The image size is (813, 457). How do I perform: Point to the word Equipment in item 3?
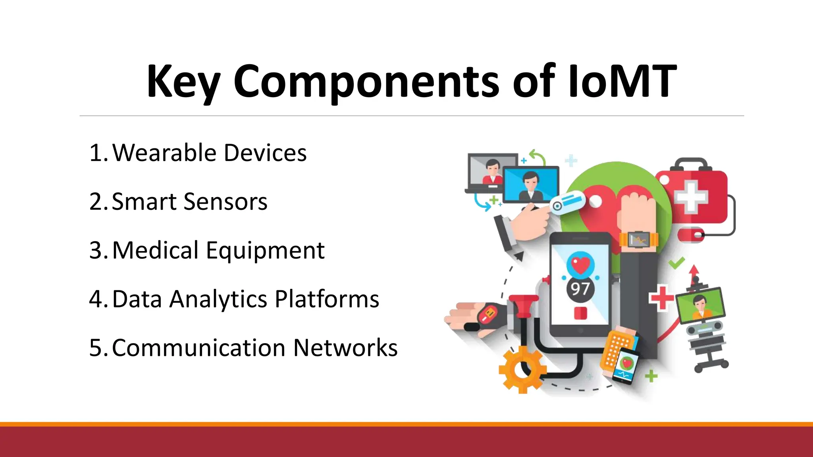[x=265, y=251]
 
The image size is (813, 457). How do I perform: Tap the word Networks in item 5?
[x=345, y=348]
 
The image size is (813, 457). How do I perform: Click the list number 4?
[x=97, y=300]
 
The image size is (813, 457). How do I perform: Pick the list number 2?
[x=97, y=202]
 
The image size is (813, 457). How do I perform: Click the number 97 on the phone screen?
[x=580, y=288]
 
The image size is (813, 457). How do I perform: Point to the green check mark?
[x=676, y=263]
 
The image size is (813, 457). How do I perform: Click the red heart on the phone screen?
[x=580, y=264]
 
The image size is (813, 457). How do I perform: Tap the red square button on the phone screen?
[x=580, y=313]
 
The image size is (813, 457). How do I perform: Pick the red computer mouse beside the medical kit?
[x=691, y=234]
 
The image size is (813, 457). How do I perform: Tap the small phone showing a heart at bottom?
[x=625, y=365]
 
